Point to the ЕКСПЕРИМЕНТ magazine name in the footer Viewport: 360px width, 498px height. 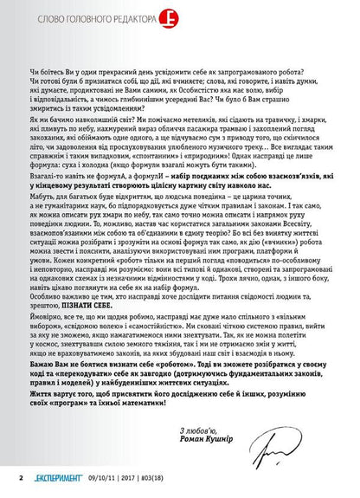(x=48, y=475)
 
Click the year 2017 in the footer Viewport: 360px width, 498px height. (x=145, y=475)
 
